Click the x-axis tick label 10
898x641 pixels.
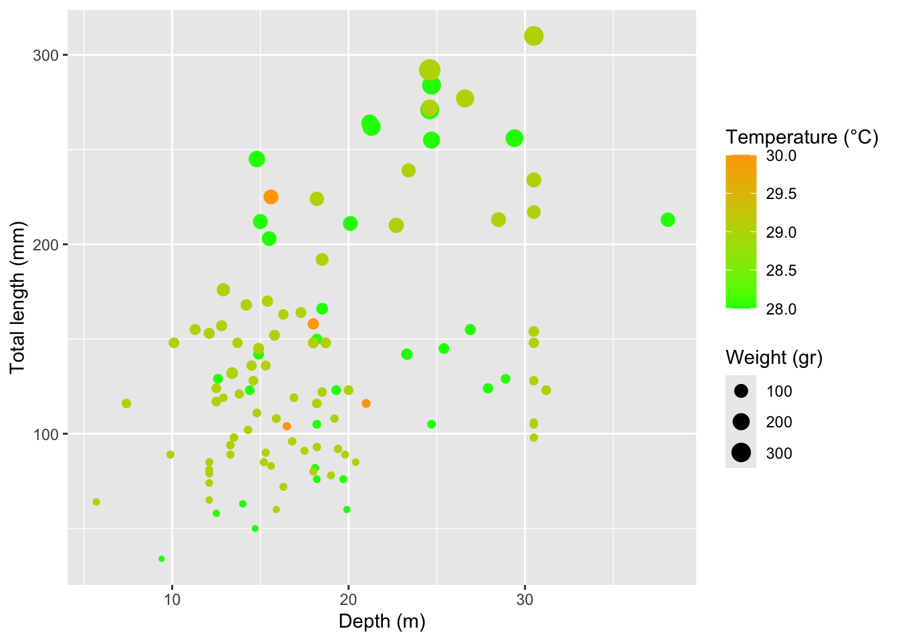[x=172, y=600]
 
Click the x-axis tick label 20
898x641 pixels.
[x=348, y=600]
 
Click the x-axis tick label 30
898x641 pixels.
[x=525, y=600]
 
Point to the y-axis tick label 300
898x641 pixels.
[x=46, y=55]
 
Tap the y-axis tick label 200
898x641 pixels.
[x=46, y=244]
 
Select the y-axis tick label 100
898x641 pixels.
[x=46, y=434]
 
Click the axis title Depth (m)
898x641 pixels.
[x=382, y=622]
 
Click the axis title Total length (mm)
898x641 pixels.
[x=17, y=297]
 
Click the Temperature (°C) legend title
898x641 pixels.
[x=802, y=138]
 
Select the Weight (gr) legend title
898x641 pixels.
[x=774, y=358]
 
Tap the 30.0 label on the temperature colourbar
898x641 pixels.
[x=781, y=156]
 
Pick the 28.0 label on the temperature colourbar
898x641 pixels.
[x=781, y=309]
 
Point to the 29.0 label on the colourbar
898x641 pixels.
[x=781, y=232]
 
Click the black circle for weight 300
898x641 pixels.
[x=741, y=453]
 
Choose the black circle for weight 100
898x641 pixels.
[x=741, y=391]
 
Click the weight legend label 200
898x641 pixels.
[x=779, y=422]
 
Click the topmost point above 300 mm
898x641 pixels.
[x=533, y=36]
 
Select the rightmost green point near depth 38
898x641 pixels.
[x=667, y=220]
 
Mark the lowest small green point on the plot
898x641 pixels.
[x=161, y=559]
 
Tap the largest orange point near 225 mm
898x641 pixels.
[x=271, y=197]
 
